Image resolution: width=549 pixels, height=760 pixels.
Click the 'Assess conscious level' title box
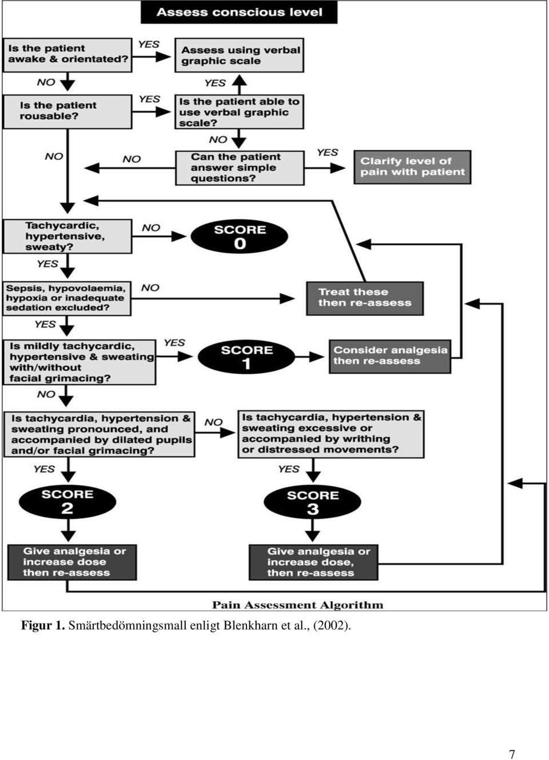pyautogui.click(x=239, y=12)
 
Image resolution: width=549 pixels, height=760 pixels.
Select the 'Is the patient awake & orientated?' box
pyautogui.click(x=67, y=55)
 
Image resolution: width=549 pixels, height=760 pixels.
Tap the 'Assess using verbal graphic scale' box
pyautogui.click(x=240, y=55)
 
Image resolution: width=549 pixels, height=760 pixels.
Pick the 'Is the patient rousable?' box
pyautogui.click(x=67, y=111)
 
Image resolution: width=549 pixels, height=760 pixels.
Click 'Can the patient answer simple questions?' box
pyautogui.click(x=240, y=168)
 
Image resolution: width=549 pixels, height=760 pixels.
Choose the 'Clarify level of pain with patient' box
pyautogui.click(x=412, y=167)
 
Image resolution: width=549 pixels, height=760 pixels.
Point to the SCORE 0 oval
pyautogui.click(x=240, y=237)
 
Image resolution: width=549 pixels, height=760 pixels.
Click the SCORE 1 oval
pyautogui.click(x=246, y=357)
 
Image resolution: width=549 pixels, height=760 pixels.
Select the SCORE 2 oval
pyautogui.click(x=67, y=501)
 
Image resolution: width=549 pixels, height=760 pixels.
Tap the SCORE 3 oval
pyautogui.click(x=312, y=502)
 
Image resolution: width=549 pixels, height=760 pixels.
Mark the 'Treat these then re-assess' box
pyautogui.click(x=365, y=298)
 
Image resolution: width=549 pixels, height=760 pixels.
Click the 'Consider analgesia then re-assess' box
pyautogui.click(x=390, y=357)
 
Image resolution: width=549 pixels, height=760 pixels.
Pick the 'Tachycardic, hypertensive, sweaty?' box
pyautogui.click(x=67, y=237)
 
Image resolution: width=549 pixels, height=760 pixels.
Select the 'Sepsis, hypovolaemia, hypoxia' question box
pyautogui.click(x=66, y=298)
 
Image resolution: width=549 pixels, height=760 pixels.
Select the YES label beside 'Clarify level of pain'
pyautogui.click(x=327, y=153)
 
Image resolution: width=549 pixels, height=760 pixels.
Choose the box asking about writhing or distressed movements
pyautogui.click(x=331, y=434)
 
